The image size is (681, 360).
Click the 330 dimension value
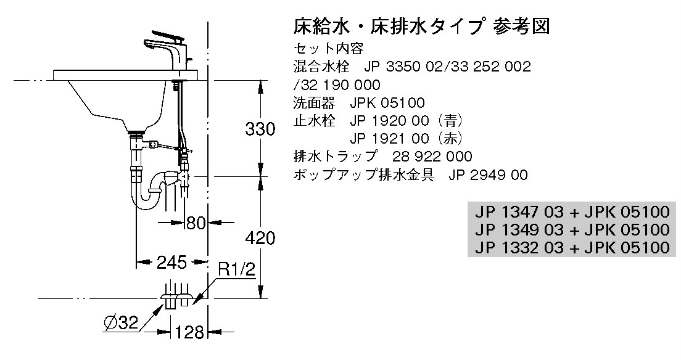click(260, 129)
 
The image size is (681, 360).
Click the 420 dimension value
click(260, 238)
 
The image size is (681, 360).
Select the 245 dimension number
click(171, 262)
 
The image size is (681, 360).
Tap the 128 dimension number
click(189, 333)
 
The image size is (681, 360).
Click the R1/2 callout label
click(236, 270)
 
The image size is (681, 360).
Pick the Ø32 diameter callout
click(121, 322)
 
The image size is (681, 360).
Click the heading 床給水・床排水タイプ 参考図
click(422, 26)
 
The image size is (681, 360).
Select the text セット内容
click(329, 47)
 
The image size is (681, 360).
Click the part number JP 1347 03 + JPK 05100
click(572, 211)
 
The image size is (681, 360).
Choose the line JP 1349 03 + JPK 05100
click(572, 229)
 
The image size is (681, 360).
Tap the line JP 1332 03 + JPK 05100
click(572, 247)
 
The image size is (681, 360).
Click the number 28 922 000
click(432, 157)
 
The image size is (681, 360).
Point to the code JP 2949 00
click(488, 174)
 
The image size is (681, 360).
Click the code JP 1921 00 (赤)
click(407, 139)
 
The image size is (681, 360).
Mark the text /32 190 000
click(337, 84)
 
